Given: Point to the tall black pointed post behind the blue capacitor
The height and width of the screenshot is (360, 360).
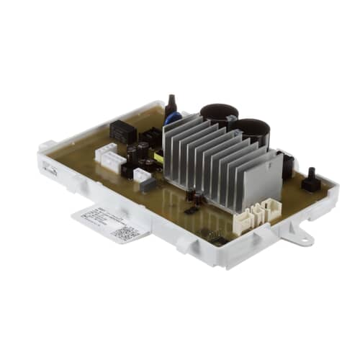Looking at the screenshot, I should [x=171, y=105].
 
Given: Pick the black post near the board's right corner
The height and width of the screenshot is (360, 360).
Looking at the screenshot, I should [x=312, y=180].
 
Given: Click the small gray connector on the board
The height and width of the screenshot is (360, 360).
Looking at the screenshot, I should [x=147, y=183].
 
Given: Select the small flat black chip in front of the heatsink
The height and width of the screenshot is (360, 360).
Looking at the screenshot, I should [x=192, y=210].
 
